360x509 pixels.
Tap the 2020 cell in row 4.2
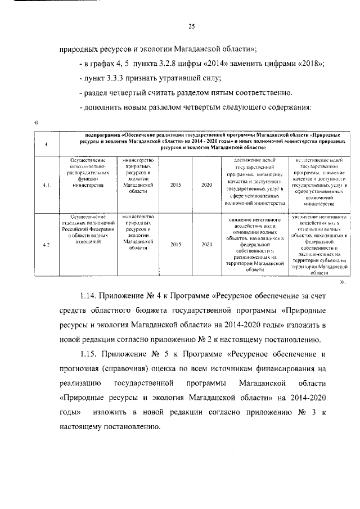[x=206, y=244]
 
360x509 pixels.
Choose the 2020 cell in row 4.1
[x=206, y=184]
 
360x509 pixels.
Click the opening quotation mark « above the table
[x=37, y=121]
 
